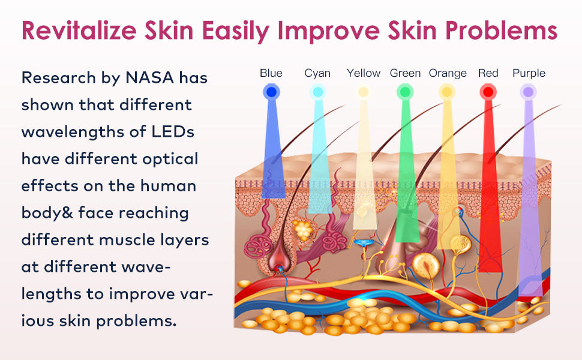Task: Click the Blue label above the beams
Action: [x=271, y=73]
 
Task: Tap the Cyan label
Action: [x=317, y=73]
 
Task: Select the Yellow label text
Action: [x=364, y=73]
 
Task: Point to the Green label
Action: [x=405, y=73]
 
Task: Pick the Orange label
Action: [x=448, y=73]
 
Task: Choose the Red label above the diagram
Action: [x=488, y=73]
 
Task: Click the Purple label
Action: [x=529, y=73]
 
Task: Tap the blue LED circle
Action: [x=271, y=92]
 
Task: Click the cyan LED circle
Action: [x=318, y=92]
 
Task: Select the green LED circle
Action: [x=405, y=92]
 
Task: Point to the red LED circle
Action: [x=488, y=92]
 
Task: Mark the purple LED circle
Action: [x=528, y=92]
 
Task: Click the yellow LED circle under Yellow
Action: [x=364, y=92]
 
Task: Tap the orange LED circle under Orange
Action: [x=447, y=92]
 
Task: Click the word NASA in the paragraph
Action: [x=150, y=77]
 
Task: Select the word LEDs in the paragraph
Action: [x=173, y=132]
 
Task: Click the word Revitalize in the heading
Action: [x=79, y=30]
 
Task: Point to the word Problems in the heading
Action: [x=502, y=30]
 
